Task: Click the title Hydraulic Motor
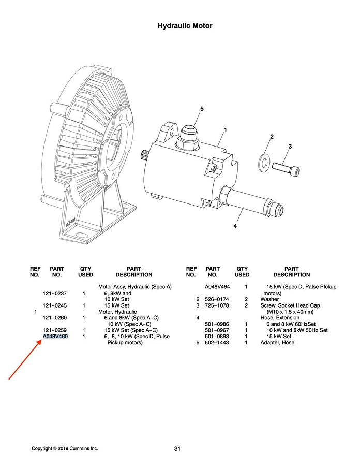click(x=185, y=26)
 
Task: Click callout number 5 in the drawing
click(x=202, y=109)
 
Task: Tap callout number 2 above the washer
click(x=272, y=137)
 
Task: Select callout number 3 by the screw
click(x=290, y=147)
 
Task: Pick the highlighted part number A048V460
click(x=55, y=337)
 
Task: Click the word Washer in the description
click(x=269, y=299)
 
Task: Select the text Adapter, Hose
click(x=277, y=343)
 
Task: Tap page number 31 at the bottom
click(x=177, y=449)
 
